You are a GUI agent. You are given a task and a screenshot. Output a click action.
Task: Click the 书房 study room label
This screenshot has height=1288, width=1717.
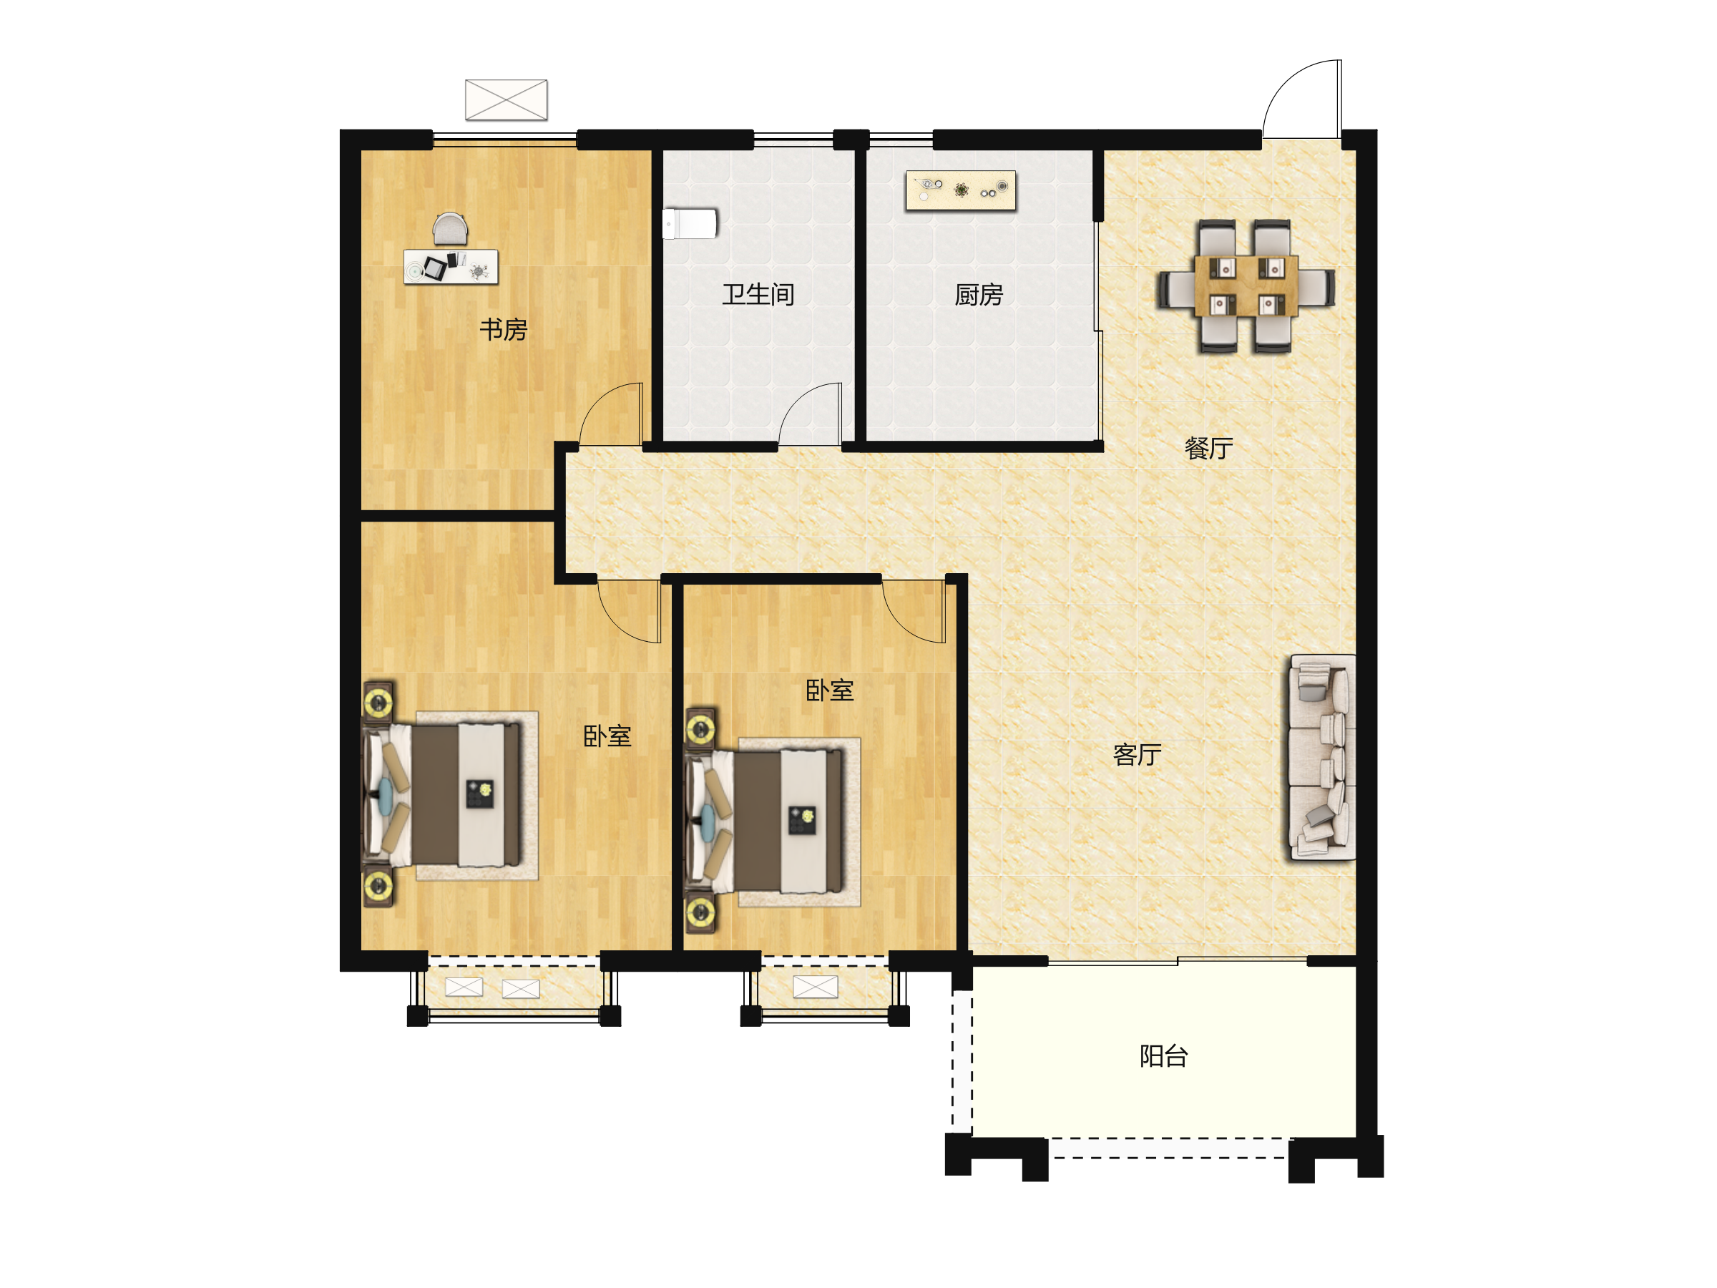503,330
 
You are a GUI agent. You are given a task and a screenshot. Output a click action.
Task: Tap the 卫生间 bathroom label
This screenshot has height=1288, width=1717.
758,294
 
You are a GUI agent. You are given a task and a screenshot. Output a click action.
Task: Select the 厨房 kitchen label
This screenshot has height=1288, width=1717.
978,295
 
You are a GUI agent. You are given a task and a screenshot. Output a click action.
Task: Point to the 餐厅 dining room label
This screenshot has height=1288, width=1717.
1208,448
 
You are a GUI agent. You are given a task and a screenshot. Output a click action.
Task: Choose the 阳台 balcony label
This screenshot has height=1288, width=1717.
1163,1056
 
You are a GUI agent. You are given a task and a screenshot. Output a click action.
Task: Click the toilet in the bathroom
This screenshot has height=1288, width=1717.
690,223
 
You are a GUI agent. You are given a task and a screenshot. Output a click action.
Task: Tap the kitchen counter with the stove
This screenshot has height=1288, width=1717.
961,190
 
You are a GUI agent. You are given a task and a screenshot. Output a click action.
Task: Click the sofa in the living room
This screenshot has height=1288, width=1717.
1323,757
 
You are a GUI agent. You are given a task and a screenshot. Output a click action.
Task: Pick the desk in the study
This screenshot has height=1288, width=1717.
451,266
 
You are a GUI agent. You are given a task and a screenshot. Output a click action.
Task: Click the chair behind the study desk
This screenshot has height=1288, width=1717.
450,229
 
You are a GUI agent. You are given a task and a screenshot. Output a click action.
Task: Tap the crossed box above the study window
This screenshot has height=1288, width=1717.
506,100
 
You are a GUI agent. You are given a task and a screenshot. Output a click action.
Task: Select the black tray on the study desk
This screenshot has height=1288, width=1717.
435,268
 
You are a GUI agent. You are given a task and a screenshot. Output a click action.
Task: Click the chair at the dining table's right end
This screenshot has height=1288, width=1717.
1317,286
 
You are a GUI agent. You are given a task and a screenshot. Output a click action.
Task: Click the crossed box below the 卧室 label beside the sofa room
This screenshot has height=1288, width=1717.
815,987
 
